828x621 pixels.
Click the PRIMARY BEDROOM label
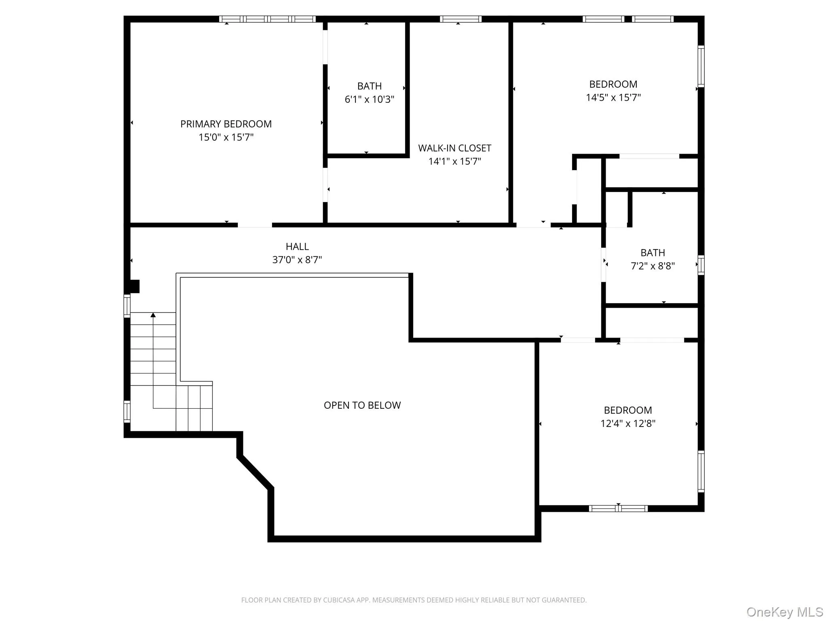pos(226,124)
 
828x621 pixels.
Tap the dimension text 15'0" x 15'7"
pos(226,137)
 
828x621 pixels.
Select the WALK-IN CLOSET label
pos(454,148)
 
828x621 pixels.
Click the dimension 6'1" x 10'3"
pos(369,99)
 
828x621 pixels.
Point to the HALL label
pos(297,247)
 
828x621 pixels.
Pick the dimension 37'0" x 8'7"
pos(297,260)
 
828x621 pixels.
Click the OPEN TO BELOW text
pos(362,406)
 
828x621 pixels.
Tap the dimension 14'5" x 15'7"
pos(613,97)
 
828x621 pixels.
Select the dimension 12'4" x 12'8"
pos(627,424)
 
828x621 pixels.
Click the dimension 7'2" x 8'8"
pos(653,266)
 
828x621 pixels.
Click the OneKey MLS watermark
pos(784,612)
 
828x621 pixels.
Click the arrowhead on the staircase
pos(153,315)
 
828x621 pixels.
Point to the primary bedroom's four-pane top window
pos(267,19)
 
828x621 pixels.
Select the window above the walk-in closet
pos(460,19)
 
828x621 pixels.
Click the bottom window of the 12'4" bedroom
pos(618,509)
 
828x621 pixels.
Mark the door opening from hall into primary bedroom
pos(255,225)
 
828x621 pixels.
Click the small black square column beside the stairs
pos(134,286)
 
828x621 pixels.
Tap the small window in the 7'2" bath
pos(701,265)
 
